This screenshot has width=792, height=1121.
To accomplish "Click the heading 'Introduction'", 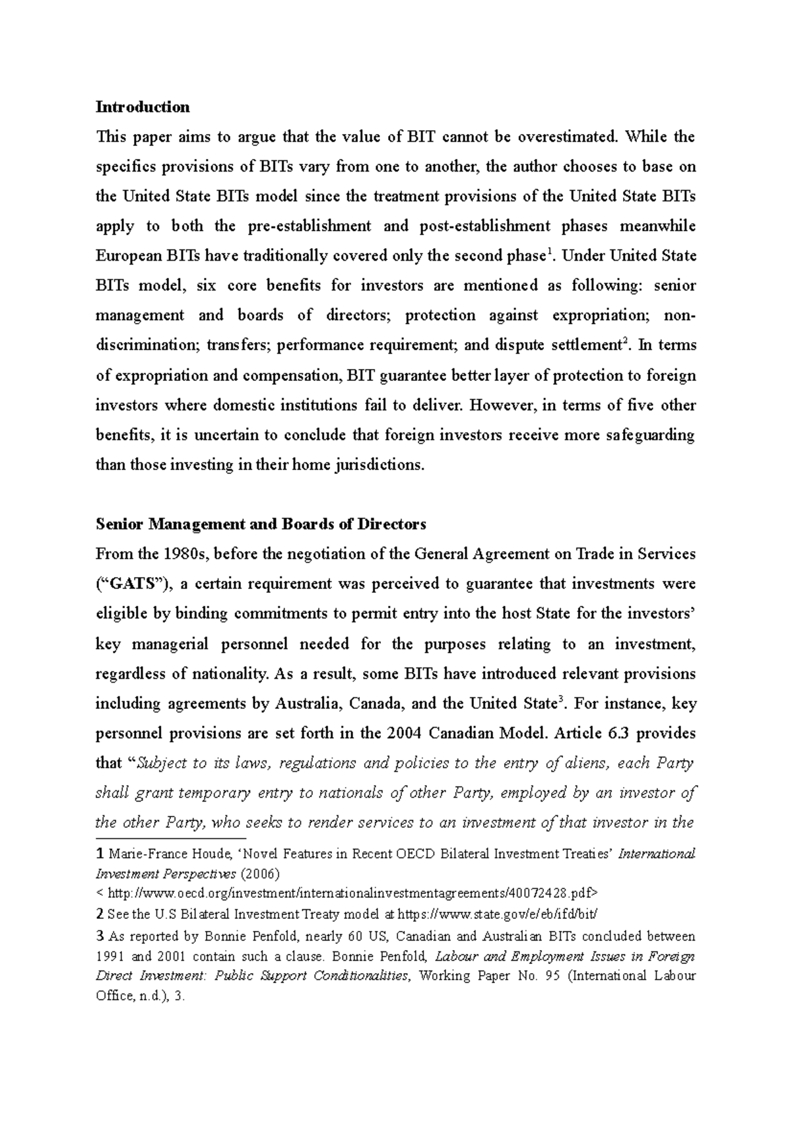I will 143,107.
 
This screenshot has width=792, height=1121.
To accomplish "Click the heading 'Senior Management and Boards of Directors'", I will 261,524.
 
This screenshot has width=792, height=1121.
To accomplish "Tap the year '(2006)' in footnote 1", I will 259,874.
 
